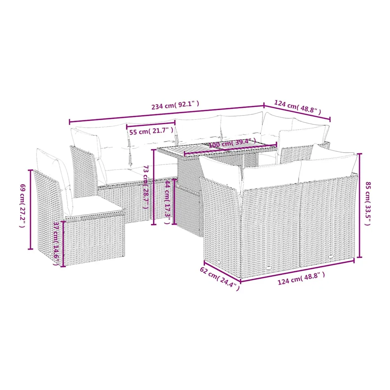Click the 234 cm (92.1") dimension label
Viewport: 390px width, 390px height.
click(x=175, y=105)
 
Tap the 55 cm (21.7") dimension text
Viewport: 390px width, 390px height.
click(x=151, y=131)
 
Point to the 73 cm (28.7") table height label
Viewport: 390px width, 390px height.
click(x=146, y=187)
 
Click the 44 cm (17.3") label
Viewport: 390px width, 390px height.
click(x=168, y=202)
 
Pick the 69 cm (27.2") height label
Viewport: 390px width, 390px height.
click(x=22, y=206)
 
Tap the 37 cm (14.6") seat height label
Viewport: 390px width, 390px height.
click(x=56, y=244)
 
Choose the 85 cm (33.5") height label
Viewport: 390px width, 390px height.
click(x=368, y=204)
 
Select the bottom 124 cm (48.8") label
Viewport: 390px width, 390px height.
click(x=301, y=278)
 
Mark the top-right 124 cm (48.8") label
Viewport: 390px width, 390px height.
click(x=297, y=107)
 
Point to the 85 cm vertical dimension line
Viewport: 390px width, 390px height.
click(x=360, y=205)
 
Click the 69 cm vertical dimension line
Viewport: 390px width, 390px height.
click(x=30, y=210)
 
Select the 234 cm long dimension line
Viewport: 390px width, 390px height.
click(x=166, y=114)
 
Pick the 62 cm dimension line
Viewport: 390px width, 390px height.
click(x=222, y=272)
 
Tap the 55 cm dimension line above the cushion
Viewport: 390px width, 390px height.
click(x=151, y=124)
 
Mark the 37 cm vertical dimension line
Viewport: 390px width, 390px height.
click(x=63, y=244)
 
